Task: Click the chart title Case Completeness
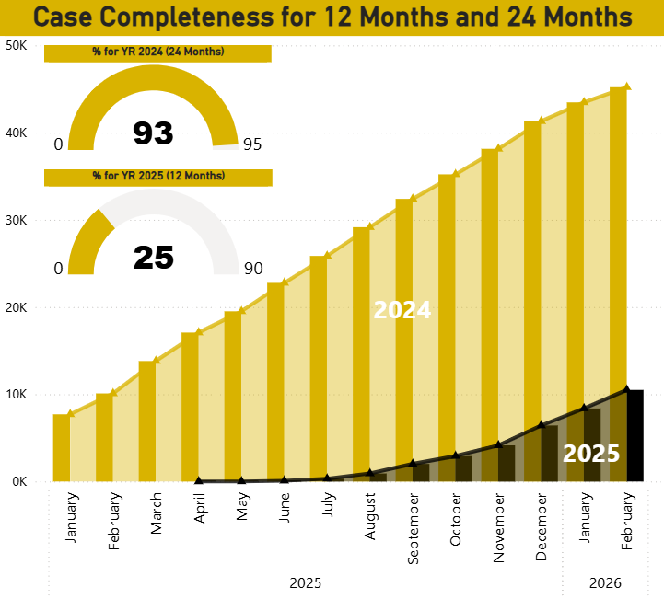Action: point(332,17)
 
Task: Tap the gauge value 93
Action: point(153,133)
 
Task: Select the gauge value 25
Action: point(153,258)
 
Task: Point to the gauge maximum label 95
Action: point(252,144)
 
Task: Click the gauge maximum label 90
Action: point(252,269)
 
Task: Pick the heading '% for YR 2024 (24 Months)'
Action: point(157,52)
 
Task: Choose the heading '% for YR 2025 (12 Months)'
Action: point(157,176)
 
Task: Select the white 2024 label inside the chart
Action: point(402,310)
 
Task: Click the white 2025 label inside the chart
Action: point(590,454)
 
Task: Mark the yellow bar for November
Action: point(489,304)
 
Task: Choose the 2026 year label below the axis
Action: point(605,583)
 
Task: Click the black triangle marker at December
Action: point(542,425)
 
